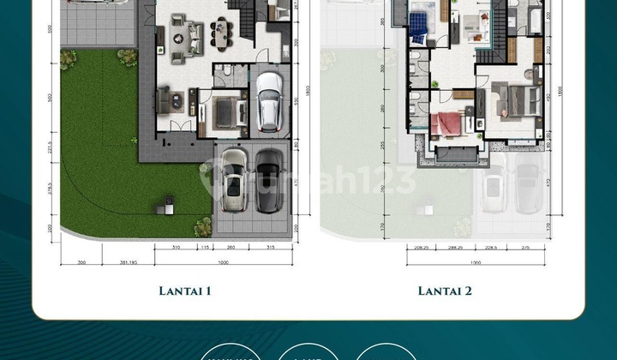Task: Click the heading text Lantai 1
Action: point(185,291)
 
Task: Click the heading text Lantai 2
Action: point(446,291)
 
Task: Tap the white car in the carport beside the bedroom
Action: point(269,101)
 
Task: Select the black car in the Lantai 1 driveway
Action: point(269,181)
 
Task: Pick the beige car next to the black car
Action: point(234,182)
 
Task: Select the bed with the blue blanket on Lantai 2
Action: point(419,27)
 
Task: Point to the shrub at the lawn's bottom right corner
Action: point(203,226)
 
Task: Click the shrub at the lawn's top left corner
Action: point(68,58)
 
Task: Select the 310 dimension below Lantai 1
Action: point(175,248)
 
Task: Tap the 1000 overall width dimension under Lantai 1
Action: point(223,262)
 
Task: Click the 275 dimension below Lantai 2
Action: point(525,248)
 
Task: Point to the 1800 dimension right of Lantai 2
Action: point(560,89)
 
